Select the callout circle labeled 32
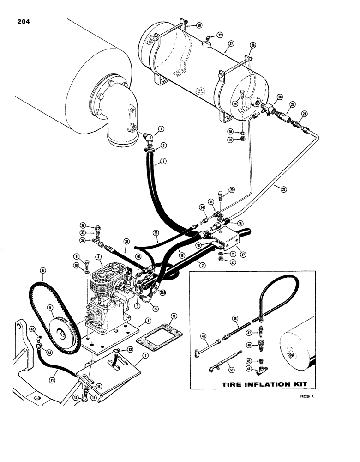(220, 35)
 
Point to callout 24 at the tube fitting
(304, 113)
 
